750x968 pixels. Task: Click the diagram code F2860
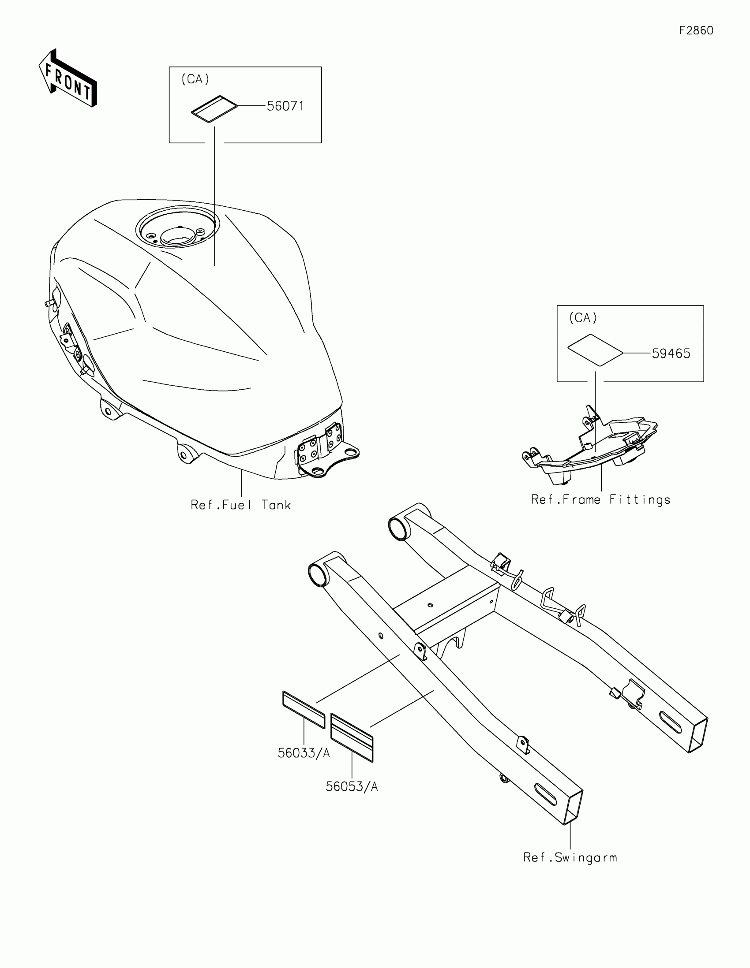[x=696, y=30]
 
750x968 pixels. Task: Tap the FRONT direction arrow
[x=67, y=78]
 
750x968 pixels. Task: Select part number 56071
[x=285, y=106]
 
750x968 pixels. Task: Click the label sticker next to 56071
[x=214, y=108]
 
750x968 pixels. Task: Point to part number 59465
[x=671, y=354]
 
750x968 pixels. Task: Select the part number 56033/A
[x=304, y=753]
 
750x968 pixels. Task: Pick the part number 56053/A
[x=352, y=786]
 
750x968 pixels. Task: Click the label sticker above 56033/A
[x=304, y=710]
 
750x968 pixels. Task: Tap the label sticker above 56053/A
[x=352, y=737]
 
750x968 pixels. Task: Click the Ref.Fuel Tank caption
[x=241, y=505]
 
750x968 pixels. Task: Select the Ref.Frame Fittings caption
[x=600, y=499]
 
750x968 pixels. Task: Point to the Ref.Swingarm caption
[x=570, y=857]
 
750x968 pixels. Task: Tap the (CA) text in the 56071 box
[x=195, y=79]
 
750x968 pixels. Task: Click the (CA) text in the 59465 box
[x=583, y=318]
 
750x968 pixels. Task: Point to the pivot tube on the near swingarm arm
[x=318, y=575]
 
